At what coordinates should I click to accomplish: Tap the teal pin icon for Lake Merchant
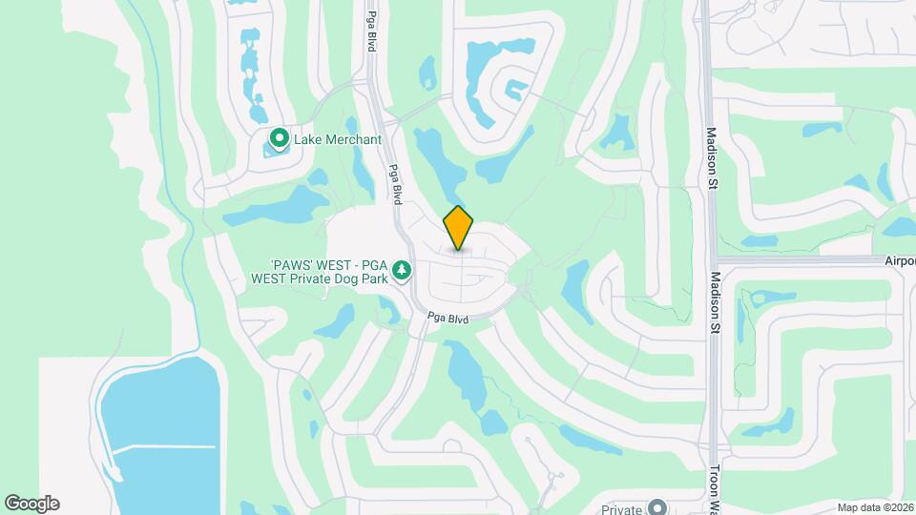click(x=280, y=139)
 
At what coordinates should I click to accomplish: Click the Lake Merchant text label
click(x=337, y=140)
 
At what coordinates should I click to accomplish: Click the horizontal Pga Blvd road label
click(x=448, y=319)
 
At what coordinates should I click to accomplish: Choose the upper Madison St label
click(x=711, y=156)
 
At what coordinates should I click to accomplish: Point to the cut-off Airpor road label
click(x=899, y=260)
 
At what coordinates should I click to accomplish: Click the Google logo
click(x=31, y=504)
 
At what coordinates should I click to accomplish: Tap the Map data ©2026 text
click(x=874, y=507)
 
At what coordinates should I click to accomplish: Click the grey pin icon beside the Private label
click(x=657, y=507)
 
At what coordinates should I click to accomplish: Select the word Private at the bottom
click(x=622, y=509)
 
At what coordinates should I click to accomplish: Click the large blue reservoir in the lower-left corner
click(x=157, y=420)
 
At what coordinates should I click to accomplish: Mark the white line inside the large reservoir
click(x=162, y=446)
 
